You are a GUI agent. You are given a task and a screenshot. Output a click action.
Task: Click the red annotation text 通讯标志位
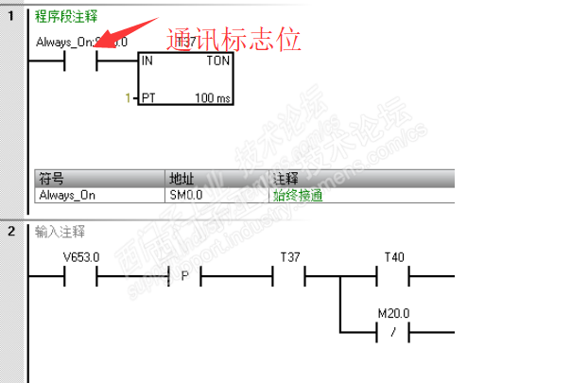tap(234, 40)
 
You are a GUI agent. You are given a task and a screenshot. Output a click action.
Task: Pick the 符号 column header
tap(47, 179)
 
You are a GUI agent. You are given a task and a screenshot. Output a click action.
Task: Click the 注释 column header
tap(285, 179)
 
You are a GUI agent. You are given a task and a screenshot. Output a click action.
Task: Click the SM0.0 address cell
tap(185, 195)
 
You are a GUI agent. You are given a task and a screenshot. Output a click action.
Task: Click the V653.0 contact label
tap(80, 257)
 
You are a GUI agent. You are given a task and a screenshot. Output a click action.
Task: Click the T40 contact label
tap(392, 257)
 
